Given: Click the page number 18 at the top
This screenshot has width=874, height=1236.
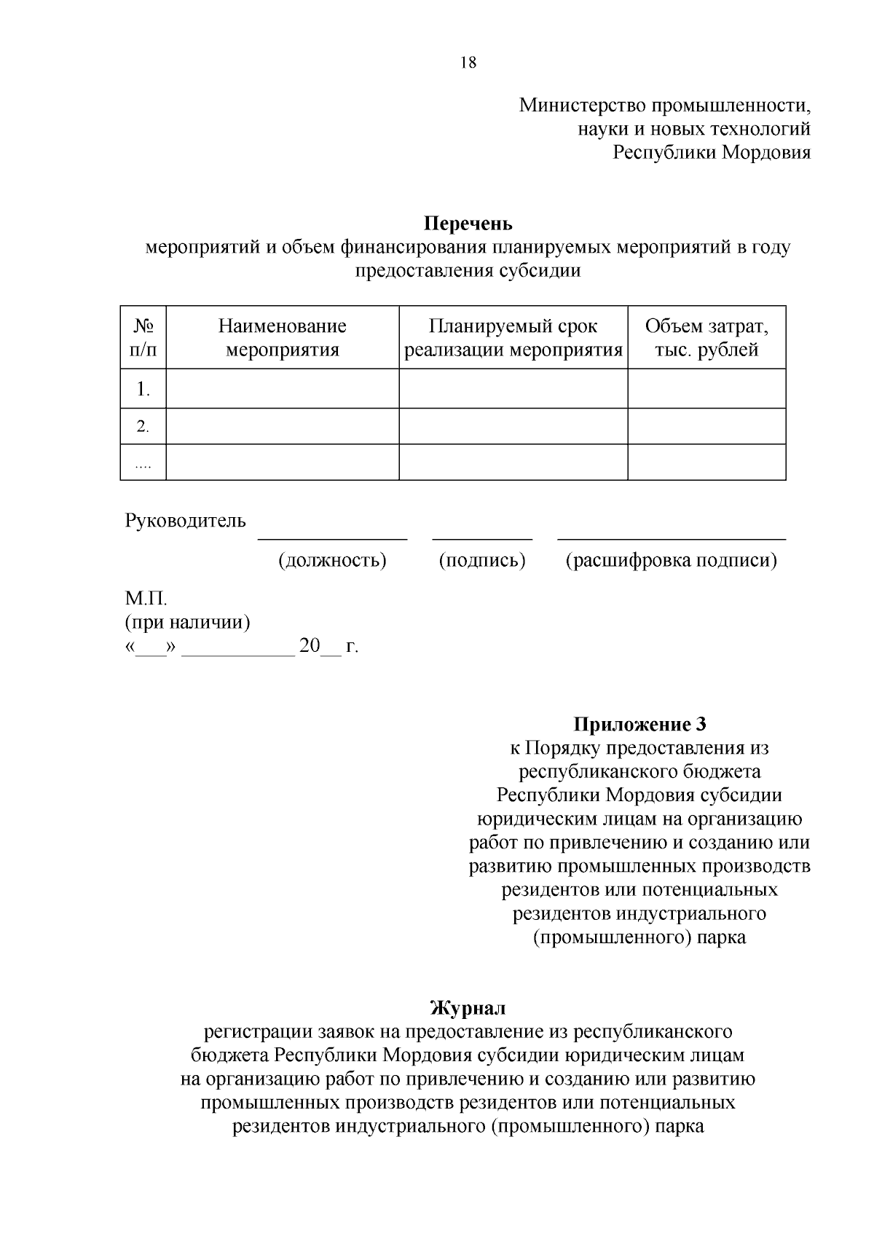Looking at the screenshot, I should click(x=468, y=63).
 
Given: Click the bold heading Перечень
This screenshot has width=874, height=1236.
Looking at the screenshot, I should click(x=468, y=223).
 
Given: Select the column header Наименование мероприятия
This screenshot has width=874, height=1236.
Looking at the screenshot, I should click(x=283, y=338).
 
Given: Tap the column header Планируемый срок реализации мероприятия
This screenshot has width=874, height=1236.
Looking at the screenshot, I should click(x=513, y=338).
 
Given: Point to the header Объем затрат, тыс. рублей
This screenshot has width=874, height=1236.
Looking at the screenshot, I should click(x=706, y=338).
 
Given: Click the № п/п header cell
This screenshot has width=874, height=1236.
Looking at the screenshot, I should click(x=143, y=338).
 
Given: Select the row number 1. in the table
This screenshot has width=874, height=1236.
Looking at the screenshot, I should click(x=143, y=390).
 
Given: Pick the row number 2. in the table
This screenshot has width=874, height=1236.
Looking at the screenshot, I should click(x=143, y=427).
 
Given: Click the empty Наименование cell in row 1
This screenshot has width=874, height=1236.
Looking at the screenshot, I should click(x=283, y=389).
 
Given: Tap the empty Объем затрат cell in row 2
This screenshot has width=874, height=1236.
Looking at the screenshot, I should click(x=706, y=426).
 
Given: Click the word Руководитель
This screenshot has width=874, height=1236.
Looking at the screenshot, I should click(x=185, y=521).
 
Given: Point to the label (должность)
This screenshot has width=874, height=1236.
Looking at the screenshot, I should click(x=332, y=561).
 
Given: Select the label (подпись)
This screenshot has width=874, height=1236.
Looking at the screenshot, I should click(x=482, y=561).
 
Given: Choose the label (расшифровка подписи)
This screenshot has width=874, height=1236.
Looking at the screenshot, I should click(x=672, y=561).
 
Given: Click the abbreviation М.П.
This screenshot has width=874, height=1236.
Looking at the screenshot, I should click(x=146, y=599).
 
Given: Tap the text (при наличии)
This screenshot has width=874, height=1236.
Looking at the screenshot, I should click(x=187, y=623).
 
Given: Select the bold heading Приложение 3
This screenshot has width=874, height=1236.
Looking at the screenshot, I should click(x=639, y=725).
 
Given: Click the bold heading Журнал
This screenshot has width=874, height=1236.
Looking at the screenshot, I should click(x=468, y=1009).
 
